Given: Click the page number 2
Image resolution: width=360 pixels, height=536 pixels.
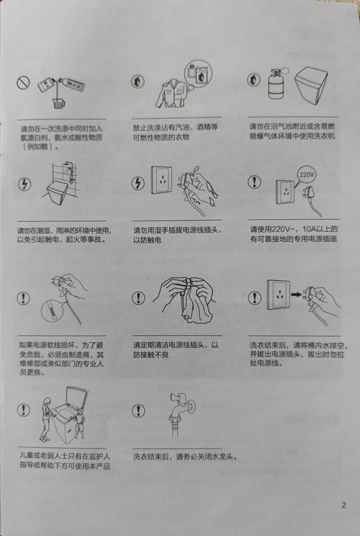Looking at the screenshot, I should (x=343, y=504).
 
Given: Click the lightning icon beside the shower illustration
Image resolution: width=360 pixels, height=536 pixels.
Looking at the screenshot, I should (x=24, y=184).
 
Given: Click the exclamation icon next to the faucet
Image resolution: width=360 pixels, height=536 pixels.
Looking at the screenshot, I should (x=138, y=410).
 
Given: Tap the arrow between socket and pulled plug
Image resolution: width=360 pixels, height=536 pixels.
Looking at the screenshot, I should (x=297, y=294).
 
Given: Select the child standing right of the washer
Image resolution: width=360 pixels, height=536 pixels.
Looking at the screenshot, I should (x=79, y=424).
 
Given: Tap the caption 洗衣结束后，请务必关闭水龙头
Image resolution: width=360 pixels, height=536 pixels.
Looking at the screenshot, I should (x=185, y=457).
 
